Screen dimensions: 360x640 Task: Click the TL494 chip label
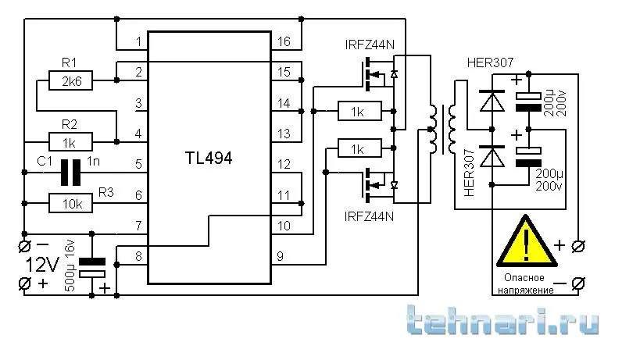(209, 158)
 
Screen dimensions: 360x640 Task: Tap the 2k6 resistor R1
(70, 80)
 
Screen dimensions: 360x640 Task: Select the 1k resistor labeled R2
(70, 141)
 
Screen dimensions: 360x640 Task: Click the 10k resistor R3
(70, 204)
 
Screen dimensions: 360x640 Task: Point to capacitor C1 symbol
(72, 173)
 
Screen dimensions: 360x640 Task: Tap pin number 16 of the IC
(283, 41)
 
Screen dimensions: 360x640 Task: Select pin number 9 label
(280, 256)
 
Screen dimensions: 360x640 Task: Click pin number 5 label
(138, 165)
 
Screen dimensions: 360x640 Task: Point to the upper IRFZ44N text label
(370, 45)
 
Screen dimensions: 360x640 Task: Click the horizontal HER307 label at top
(490, 63)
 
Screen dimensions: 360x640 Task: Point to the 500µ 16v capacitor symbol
(93, 268)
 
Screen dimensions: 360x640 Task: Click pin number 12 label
(283, 165)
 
